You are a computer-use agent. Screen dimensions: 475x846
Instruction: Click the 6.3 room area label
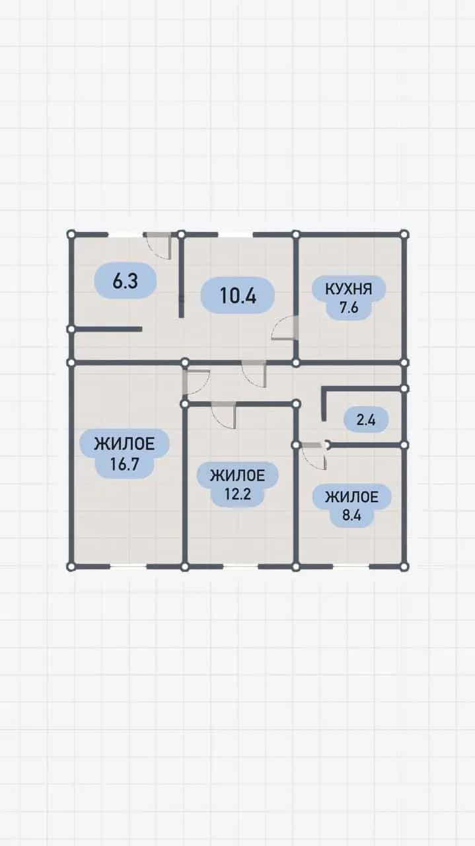click(x=125, y=281)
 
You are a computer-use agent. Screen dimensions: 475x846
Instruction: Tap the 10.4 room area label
click(x=238, y=295)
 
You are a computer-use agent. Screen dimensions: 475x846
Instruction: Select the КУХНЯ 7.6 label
click(x=349, y=298)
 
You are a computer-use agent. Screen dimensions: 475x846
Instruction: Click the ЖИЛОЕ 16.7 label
click(x=125, y=453)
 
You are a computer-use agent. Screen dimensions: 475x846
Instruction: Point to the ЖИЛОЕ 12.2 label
click(x=238, y=484)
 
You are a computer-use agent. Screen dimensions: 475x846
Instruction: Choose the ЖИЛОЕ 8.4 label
click(x=351, y=506)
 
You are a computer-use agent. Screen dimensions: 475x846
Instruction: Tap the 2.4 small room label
click(x=366, y=420)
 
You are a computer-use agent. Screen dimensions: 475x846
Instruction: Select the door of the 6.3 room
click(x=160, y=247)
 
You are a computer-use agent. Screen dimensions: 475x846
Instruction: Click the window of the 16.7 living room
click(x=128, y=566)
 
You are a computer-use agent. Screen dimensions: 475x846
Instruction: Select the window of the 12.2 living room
click(x=240, y=566)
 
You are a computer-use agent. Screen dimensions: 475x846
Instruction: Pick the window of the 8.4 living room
click(x=351, y=566)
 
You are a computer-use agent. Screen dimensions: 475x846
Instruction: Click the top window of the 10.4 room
click(x=235, y=235)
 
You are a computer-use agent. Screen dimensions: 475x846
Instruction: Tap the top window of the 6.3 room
click(x=126, y=235)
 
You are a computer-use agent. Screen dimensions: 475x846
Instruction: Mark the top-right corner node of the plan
click(x=404, y=235)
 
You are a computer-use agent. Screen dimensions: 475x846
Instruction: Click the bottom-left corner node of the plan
click(x=71, y=566)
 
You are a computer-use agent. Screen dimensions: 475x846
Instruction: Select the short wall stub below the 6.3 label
click(x=106, y=329)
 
